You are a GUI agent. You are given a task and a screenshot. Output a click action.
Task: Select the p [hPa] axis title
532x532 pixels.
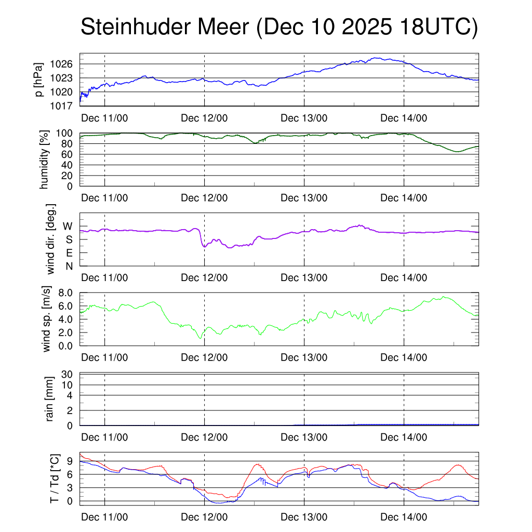(39, 79)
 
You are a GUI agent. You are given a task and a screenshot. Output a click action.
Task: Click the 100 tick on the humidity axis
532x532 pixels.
(66, 133)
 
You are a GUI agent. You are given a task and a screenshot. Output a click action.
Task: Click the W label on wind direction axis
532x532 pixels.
(68, 227)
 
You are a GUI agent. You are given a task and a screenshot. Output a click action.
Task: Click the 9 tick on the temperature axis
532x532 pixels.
(71, 461)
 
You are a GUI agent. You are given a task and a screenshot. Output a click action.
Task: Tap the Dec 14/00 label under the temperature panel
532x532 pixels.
(404, 517)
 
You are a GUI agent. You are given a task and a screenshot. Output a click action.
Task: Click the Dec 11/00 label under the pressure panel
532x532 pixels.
(104, 118)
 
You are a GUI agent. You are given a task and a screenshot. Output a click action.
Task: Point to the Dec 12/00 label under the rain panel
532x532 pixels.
(204, 437)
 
